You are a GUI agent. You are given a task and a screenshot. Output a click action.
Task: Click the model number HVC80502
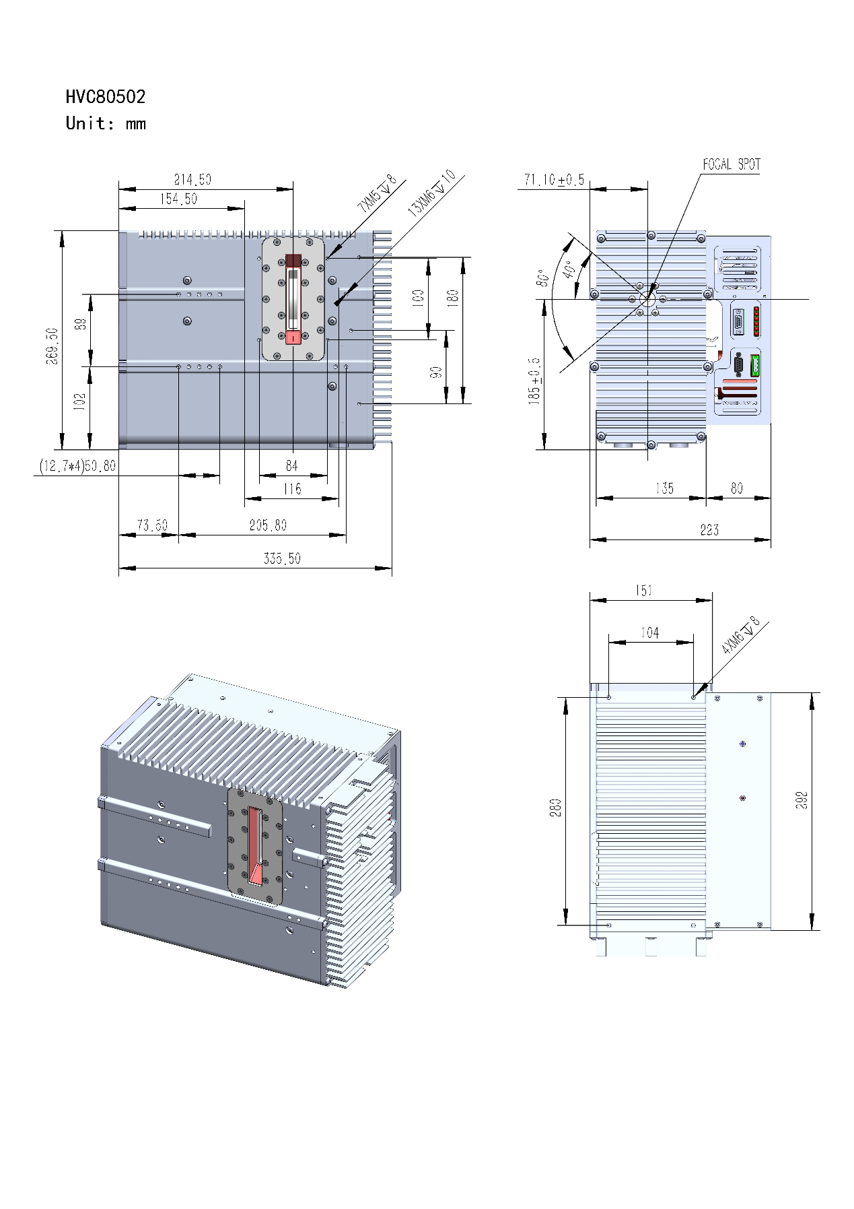coord(106,97)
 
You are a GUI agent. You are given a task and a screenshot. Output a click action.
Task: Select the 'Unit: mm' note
coord(106,124)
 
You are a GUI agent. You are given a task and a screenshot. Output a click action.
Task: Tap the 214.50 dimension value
coord(192,180)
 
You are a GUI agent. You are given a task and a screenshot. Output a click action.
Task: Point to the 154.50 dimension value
coord(178,199)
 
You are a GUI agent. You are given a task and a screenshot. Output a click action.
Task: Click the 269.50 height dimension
coord(52,346)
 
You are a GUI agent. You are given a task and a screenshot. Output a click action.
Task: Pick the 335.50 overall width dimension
coord(282,558)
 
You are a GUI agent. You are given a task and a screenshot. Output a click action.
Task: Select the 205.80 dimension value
coord(268,525)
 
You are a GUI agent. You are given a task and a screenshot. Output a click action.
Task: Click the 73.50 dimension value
coord(152,525)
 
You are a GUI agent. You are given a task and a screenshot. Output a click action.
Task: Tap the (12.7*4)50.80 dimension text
coord(77,466)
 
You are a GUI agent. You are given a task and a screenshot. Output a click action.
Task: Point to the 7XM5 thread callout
coord(378,194)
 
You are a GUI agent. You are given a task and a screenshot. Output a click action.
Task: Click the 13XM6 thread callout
coord(431,193)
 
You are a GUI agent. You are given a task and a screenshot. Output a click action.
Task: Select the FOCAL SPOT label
coord(732,164)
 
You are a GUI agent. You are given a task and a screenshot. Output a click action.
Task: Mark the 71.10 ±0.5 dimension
coord(555,180)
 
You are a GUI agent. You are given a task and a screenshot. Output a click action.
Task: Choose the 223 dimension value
coord(709,530)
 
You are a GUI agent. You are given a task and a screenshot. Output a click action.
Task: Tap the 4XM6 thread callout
coord(740,635)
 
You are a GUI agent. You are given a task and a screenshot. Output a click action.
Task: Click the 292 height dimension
coord(802,800)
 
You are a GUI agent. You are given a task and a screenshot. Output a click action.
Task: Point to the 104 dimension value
coord(649,632)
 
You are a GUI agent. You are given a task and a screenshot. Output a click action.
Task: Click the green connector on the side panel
coord(755,365)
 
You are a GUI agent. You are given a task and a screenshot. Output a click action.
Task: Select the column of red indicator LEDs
coord(757,321)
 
